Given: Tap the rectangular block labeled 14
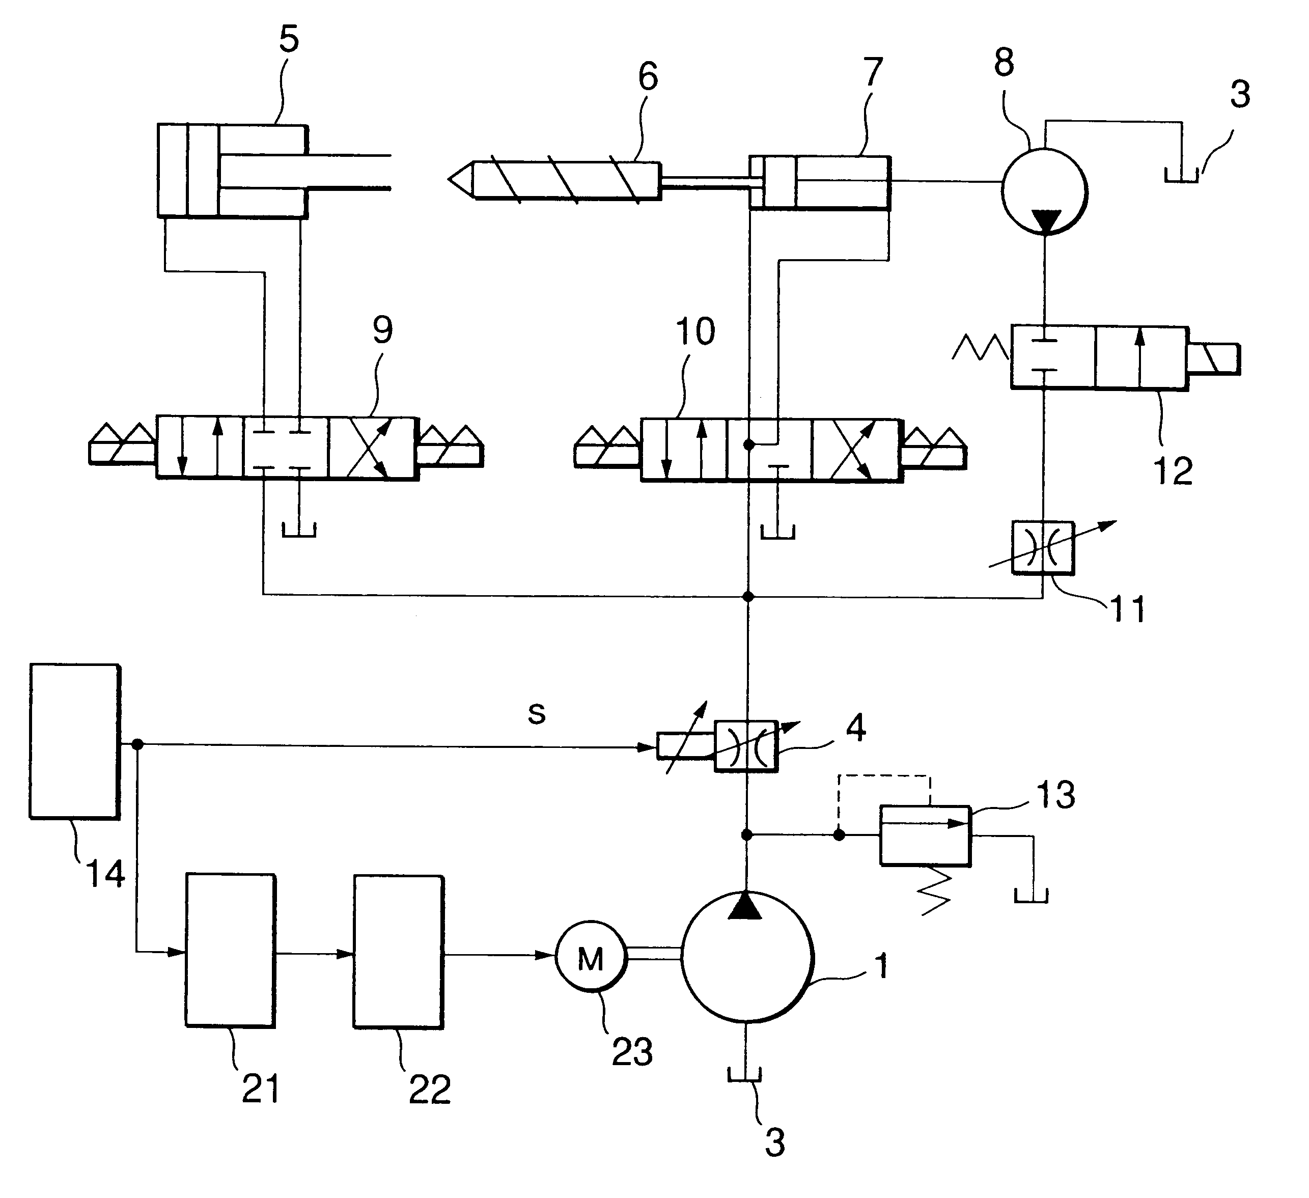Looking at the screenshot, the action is (x=75, y=741).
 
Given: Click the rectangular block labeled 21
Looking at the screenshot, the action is (x=231, y=951).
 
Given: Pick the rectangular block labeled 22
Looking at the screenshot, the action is (x=399, y=952).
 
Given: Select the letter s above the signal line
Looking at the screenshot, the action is (x=536, y=713).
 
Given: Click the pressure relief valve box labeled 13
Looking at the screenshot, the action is (x=925, y=835).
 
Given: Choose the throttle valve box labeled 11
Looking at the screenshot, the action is (x=1043, y=547).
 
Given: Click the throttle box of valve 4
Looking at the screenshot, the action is (x=746, y=746).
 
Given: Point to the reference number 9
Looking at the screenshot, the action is (x=382, y=330).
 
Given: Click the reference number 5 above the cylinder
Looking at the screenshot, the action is (x=289, y=39).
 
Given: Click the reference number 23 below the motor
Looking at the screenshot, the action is (x=632, y=1051).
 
